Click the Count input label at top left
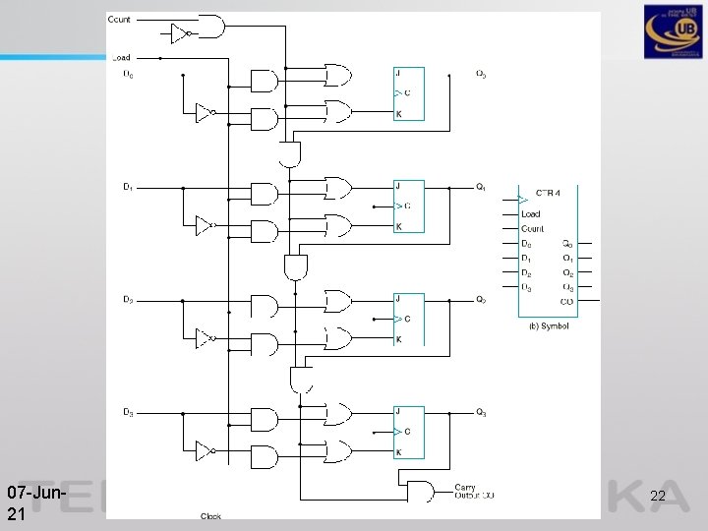(x=119, y=20)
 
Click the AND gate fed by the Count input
(x=210, y=26)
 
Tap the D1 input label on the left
(x=129, y=187)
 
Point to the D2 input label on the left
(x=129, y=299)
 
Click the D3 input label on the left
(x=129, y=412)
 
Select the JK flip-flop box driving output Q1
(x=409, y=206)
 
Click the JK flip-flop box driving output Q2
(x=409, y=319)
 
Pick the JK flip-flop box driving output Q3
(x=409, y=432)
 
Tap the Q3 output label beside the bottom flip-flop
(x=481, y=412)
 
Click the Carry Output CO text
(x=474, y=492)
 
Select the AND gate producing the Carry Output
(x=421, y=491)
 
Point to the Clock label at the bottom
(x=210, y=516)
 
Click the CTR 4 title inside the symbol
(x=549, y=192)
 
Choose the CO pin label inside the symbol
(x=566, y=302)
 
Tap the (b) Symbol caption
(x=548, y=326)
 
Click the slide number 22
(x=658, y=498)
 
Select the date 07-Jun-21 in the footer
(x=36, y=502)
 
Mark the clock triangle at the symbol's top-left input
(x=523, y=201)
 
